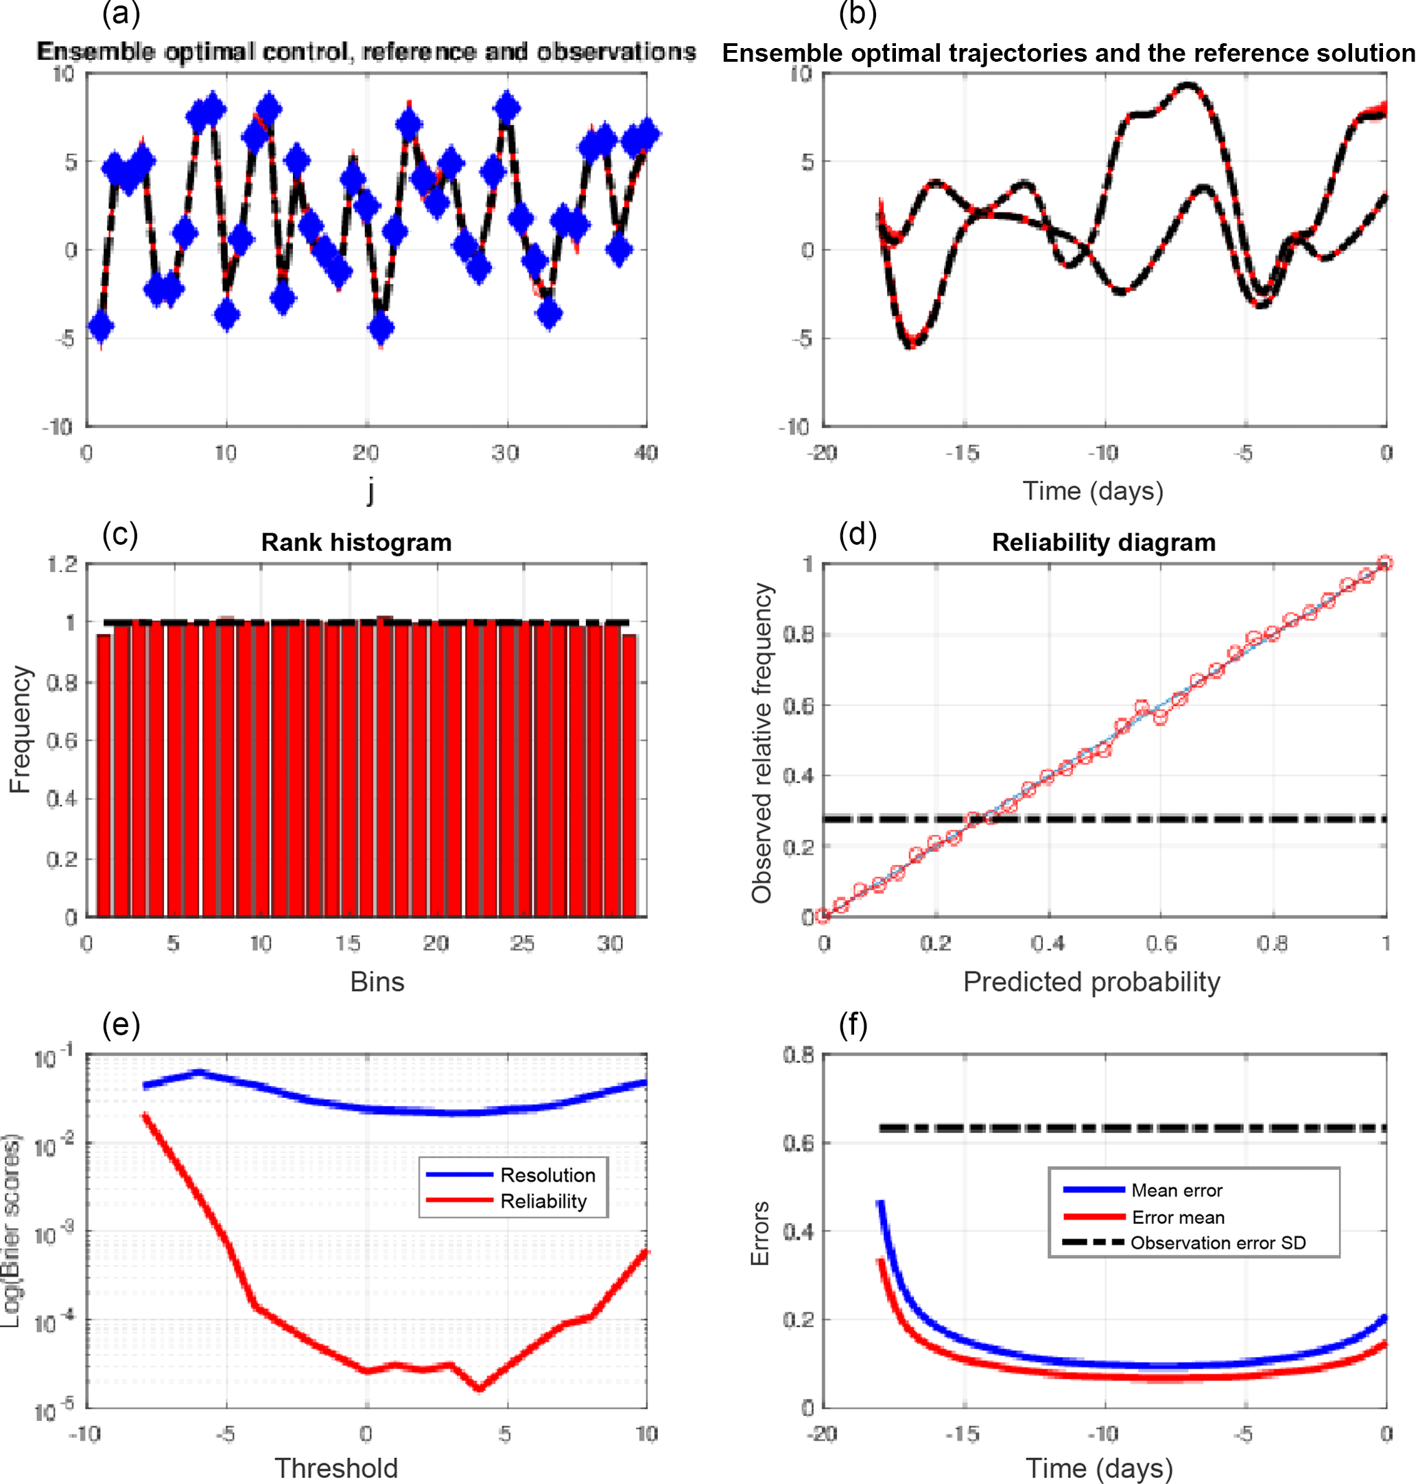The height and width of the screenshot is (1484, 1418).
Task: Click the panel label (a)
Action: (121, 14)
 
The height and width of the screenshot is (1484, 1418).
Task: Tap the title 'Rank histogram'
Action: (356, 542)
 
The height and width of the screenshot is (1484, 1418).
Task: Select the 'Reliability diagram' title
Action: (1104, 542)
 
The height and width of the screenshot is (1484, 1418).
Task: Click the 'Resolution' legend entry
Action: (547, 1175)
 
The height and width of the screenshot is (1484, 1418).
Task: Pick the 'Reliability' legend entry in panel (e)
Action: (543, 1201)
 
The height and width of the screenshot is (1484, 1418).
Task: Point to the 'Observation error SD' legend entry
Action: (1218, 1242)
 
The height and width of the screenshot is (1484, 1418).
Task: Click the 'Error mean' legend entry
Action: (1178, 1217)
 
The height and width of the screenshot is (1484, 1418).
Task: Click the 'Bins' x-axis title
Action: (377, 982)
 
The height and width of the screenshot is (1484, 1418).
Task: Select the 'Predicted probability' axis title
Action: (1091, 982)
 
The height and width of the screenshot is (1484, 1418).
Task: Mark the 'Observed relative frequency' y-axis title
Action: (761, 742)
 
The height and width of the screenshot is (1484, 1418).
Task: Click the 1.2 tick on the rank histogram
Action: (62, 564)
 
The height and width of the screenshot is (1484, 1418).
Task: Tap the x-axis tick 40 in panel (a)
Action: (646, 453)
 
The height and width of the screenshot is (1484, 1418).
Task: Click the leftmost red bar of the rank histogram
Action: (104, 775)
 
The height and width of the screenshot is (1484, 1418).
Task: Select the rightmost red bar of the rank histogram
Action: (629, 775)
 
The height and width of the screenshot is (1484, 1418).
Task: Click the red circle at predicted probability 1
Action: (1386, 563)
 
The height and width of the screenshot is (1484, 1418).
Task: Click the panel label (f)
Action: (853, 1026)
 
